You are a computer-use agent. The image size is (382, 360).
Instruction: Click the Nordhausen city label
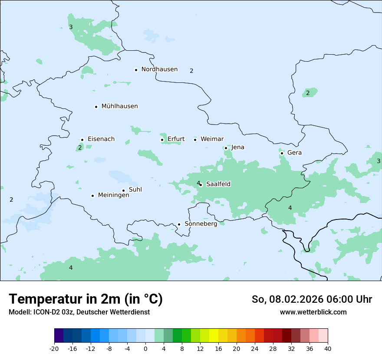coord(159,69)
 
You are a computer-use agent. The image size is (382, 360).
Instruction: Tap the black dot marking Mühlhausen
coord(96,107)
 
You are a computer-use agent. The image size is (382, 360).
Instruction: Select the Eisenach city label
coord(101,139)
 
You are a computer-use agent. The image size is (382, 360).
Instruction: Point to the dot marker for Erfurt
coord(162,140)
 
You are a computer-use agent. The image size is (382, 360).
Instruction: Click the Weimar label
coord(212,139)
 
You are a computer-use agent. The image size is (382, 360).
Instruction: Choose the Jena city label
coord(237,147)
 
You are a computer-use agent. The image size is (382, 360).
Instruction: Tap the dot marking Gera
coord(282,153)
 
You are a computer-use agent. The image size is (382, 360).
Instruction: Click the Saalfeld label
coord(218,184)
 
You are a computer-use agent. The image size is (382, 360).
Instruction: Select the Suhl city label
coord(135,190)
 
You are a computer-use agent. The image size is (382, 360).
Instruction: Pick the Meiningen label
coord(113,195)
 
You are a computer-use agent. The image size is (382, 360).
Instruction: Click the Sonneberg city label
coord(201,224)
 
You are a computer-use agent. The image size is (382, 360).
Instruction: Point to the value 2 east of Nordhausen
coord(191,71)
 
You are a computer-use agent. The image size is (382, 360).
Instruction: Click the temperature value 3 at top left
coord(71,27)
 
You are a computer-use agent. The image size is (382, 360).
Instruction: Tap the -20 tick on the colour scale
coord(54,348)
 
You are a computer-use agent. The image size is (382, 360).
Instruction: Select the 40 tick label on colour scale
coord(328,348)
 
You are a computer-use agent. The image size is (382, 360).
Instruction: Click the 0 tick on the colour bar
coord(145,348)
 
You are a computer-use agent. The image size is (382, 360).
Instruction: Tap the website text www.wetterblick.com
coord(313,312)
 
